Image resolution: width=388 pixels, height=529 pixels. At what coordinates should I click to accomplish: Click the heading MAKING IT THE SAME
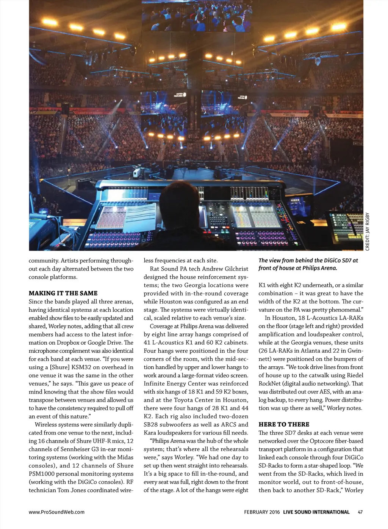[63, 293]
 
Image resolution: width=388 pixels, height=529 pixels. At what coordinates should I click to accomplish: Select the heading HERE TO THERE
[284, 425]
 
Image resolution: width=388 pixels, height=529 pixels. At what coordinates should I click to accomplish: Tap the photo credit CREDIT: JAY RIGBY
[367, 232]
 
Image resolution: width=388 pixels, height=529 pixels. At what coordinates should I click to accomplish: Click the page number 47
[360, 512]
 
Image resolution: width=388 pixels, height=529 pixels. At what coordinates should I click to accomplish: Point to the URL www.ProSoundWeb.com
[56, 512]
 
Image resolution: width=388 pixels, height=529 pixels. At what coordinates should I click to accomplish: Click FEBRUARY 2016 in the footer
[262, 512]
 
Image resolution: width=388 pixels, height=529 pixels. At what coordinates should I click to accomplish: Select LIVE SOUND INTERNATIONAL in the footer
[316, 512]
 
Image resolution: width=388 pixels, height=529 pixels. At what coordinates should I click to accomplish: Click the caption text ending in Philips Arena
[308, 264]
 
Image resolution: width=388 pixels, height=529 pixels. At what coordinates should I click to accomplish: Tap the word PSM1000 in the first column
[43, 474]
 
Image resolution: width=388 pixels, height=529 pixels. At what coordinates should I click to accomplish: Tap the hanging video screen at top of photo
[197, 15]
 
